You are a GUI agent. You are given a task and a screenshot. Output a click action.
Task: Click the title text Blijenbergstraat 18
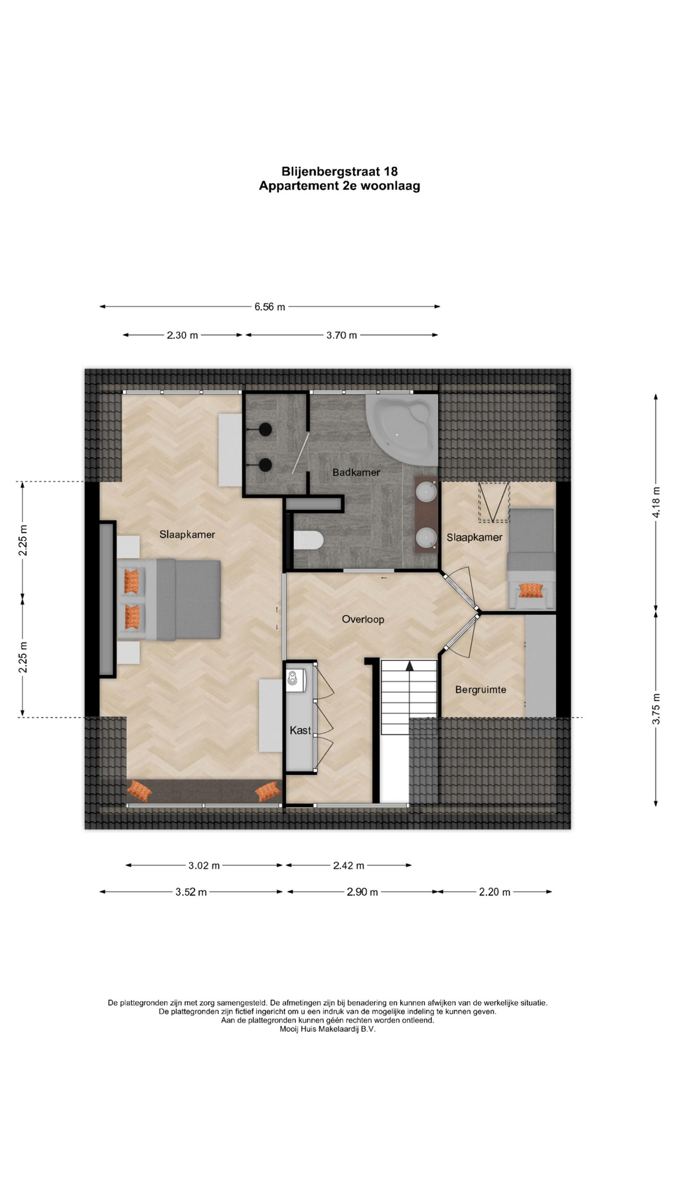339,171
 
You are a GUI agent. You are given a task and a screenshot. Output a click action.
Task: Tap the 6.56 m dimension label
269,307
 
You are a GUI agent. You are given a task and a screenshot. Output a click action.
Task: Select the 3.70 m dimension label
341,335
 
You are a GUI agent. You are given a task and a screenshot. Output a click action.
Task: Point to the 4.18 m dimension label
656,502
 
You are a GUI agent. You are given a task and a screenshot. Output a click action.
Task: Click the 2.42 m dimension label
348,866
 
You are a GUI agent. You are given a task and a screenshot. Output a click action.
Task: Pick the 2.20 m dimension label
494,892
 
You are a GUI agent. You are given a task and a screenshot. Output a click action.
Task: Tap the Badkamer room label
356,472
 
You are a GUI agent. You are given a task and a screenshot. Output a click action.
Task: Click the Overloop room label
363,619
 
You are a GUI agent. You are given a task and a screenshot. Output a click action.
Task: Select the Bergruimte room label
481,690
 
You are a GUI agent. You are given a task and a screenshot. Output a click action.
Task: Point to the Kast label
300,730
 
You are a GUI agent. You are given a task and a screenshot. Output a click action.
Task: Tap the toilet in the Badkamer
307,539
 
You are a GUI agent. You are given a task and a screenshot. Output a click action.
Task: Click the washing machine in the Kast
296,680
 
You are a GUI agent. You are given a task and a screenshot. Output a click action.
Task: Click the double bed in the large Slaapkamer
169,599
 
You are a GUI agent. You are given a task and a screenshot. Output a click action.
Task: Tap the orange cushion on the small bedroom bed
531,590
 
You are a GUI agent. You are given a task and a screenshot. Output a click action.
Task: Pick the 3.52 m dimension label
191,892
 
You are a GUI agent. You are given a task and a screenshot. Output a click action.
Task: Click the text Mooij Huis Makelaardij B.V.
327,1029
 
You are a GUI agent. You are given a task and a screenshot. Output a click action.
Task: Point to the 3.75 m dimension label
656,709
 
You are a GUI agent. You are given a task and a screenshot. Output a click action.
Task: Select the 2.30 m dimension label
182,335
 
